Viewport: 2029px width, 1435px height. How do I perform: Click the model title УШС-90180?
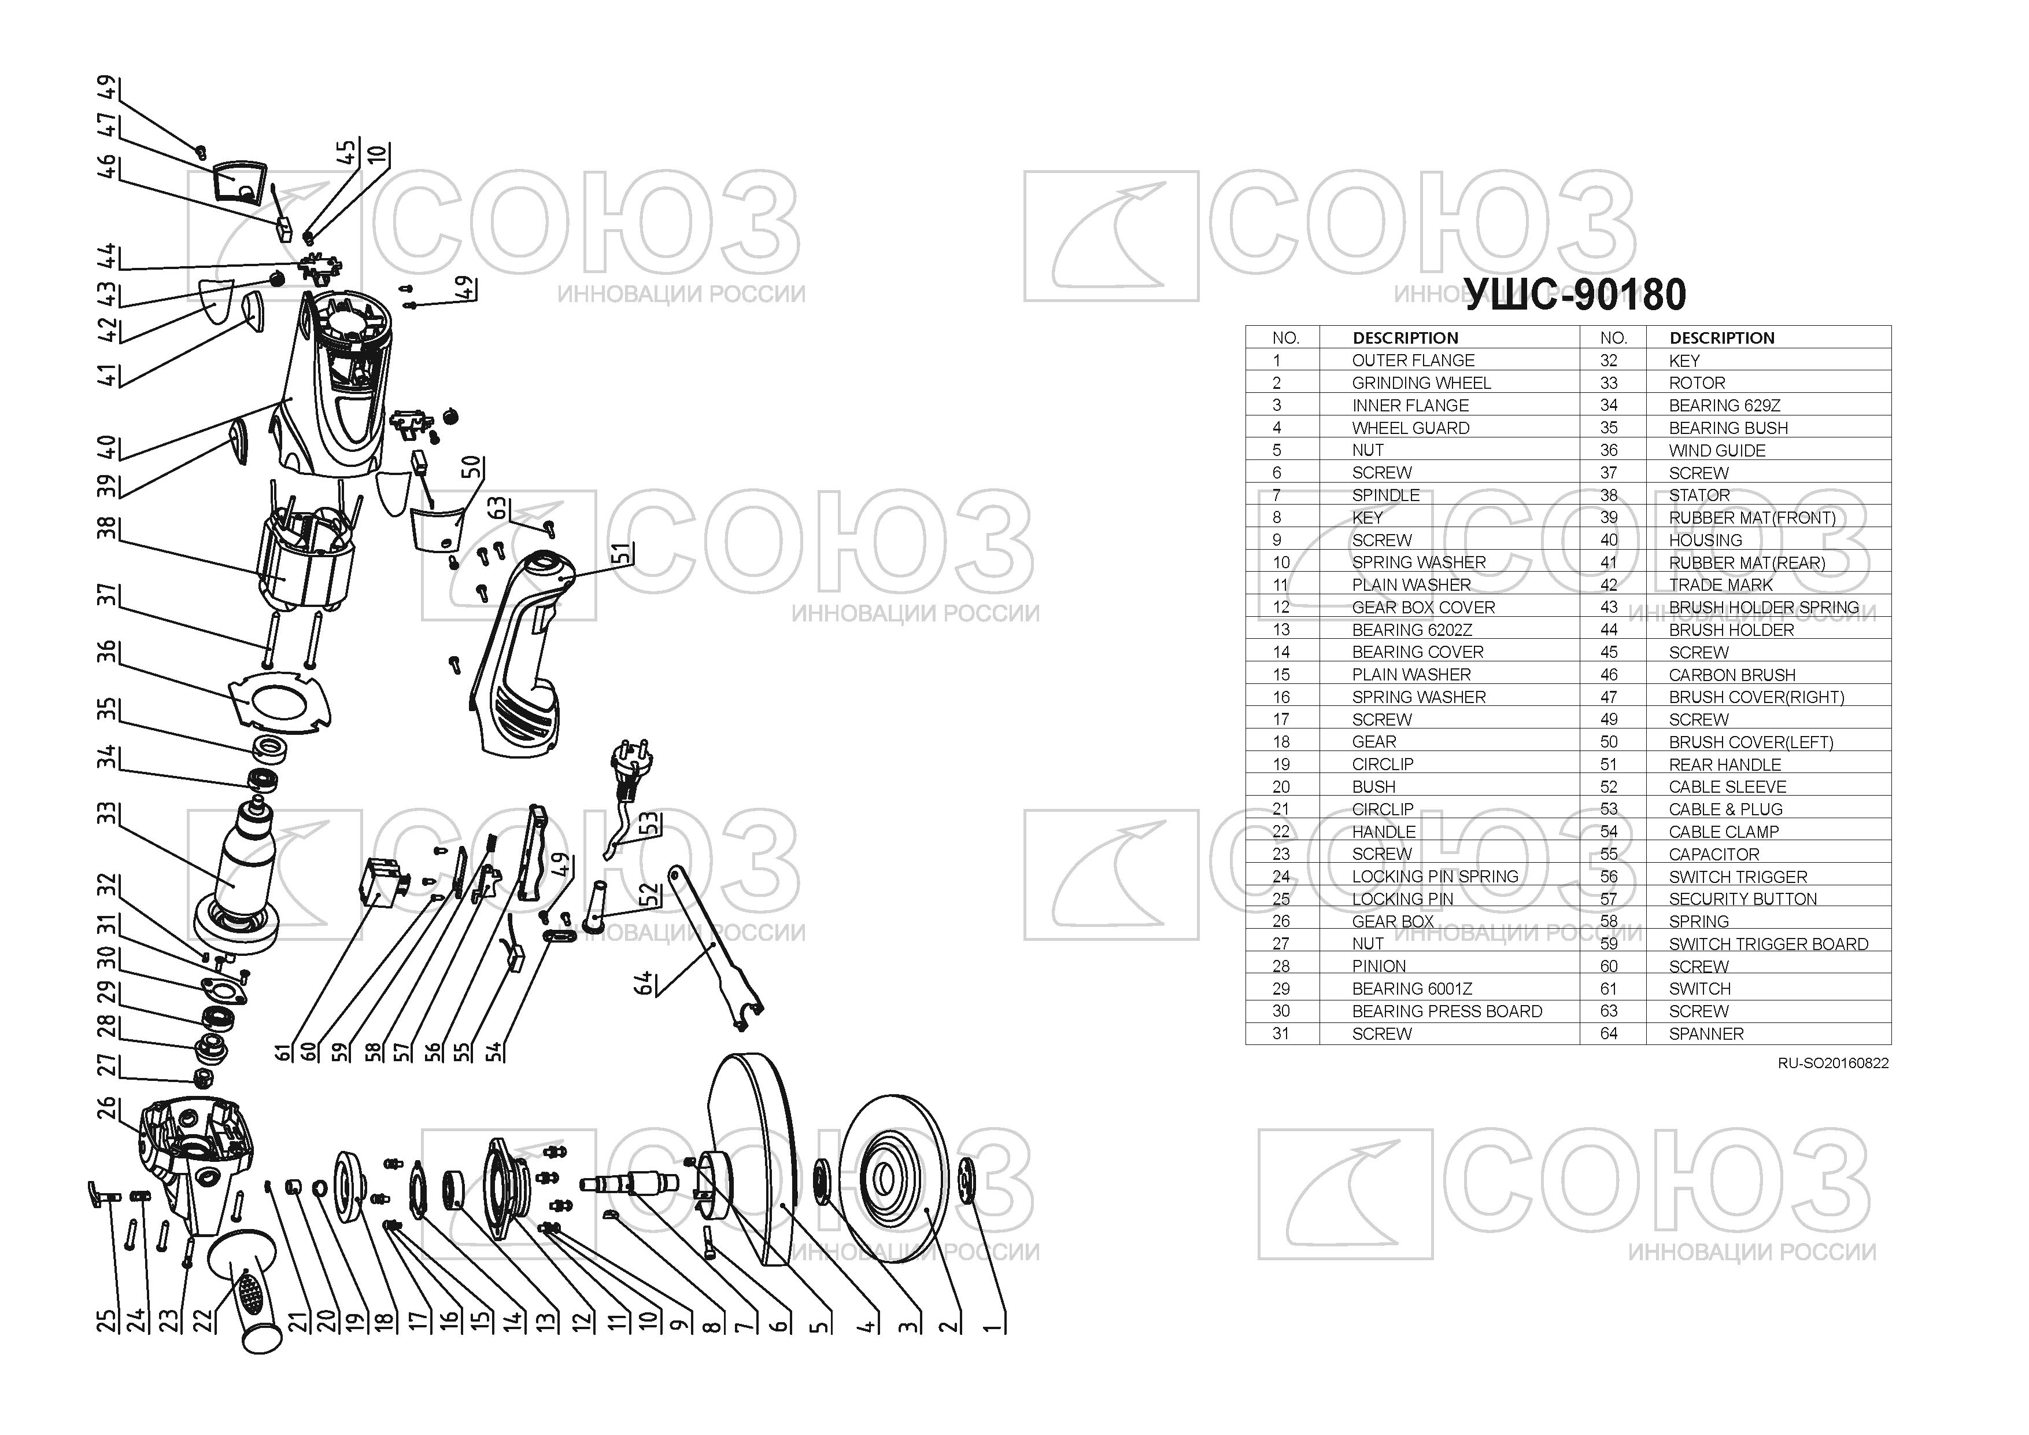point(1576,295)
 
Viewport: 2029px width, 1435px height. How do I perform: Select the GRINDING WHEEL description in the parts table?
point(1421,383)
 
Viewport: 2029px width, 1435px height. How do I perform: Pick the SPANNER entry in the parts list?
point(1706,1033)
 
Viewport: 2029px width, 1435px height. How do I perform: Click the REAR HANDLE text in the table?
point(1725,765)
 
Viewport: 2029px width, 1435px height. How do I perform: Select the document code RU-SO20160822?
point(1833,1063)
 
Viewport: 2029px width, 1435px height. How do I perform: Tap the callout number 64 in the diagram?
point(644,983)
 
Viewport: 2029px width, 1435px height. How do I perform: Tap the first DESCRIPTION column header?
point(1405,338)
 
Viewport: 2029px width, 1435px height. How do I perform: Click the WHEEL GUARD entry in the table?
point(1410,428)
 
